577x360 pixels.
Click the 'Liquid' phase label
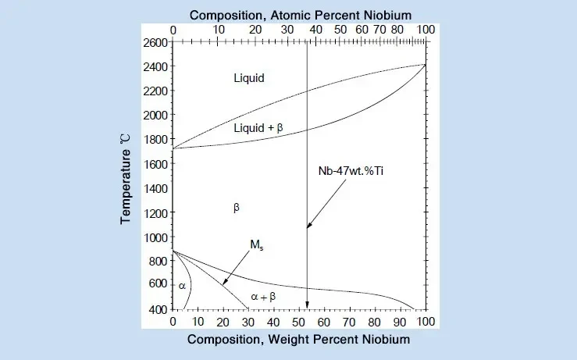coord(249,78)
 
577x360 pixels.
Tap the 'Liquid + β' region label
coord(258,127)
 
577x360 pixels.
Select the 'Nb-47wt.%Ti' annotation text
coord(350,171)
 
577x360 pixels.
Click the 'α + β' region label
coord(263,297)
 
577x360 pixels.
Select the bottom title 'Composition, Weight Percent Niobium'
coord(298,340)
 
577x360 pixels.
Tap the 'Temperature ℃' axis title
coord(126,177)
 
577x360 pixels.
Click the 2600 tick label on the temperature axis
coord(155,42)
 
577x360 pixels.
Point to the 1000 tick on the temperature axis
coord(155,237)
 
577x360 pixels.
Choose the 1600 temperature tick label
coord(155,164)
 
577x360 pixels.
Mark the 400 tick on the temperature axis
coord(158,310)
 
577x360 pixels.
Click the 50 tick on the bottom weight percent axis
coord(299,322)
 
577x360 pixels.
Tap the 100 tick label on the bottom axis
coord(426,322)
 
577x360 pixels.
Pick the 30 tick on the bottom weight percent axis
coord(248,322)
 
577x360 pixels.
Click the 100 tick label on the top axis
coord(426,29)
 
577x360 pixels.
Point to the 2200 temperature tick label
coord(155,91)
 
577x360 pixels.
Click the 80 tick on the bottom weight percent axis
coord(375,322)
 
